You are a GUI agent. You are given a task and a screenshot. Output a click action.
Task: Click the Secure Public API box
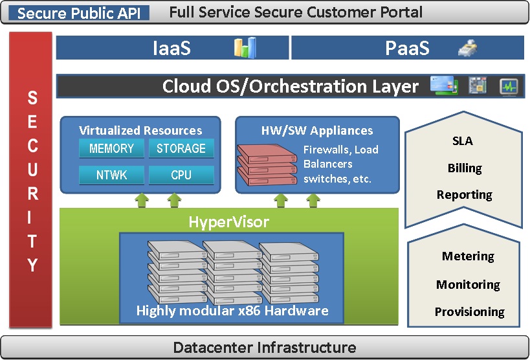pyautogui.click(x=82, y=13)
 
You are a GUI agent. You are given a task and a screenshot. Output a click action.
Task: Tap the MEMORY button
pyautogui.click(x=111, y=148)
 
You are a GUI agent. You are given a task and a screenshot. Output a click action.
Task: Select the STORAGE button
pyautogui.click(x=181, y=148)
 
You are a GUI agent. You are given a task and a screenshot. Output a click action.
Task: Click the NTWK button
pyautogui.click(x=111, y=174)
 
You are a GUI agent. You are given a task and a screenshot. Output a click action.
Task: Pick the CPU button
pyautogui.click(x=181, y=174)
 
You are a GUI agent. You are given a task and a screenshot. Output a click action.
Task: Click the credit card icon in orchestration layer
pyautogui.click(x=445, y=85)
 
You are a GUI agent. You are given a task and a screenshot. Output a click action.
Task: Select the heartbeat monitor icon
pyautogui.click(x=509, y=86)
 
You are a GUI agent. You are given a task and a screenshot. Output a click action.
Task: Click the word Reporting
pyautogui.click(x=465, y=195)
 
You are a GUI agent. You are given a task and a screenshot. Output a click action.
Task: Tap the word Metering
pyautogui.click(x=468, y=256)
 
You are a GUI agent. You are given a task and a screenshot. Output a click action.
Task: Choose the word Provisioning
pyautogui.click(x=469, y=312)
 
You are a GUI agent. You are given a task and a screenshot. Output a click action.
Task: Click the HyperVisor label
pyautogui.click(x=229, y=223)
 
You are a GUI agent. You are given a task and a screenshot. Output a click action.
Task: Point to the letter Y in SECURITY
pyautogui.click(x=32, y=265)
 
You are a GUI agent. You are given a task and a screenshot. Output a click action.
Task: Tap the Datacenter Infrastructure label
pyautogui.click(x=265, y=348)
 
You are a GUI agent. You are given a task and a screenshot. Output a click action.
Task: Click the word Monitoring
pyautogui.click(x=468, y=285)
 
